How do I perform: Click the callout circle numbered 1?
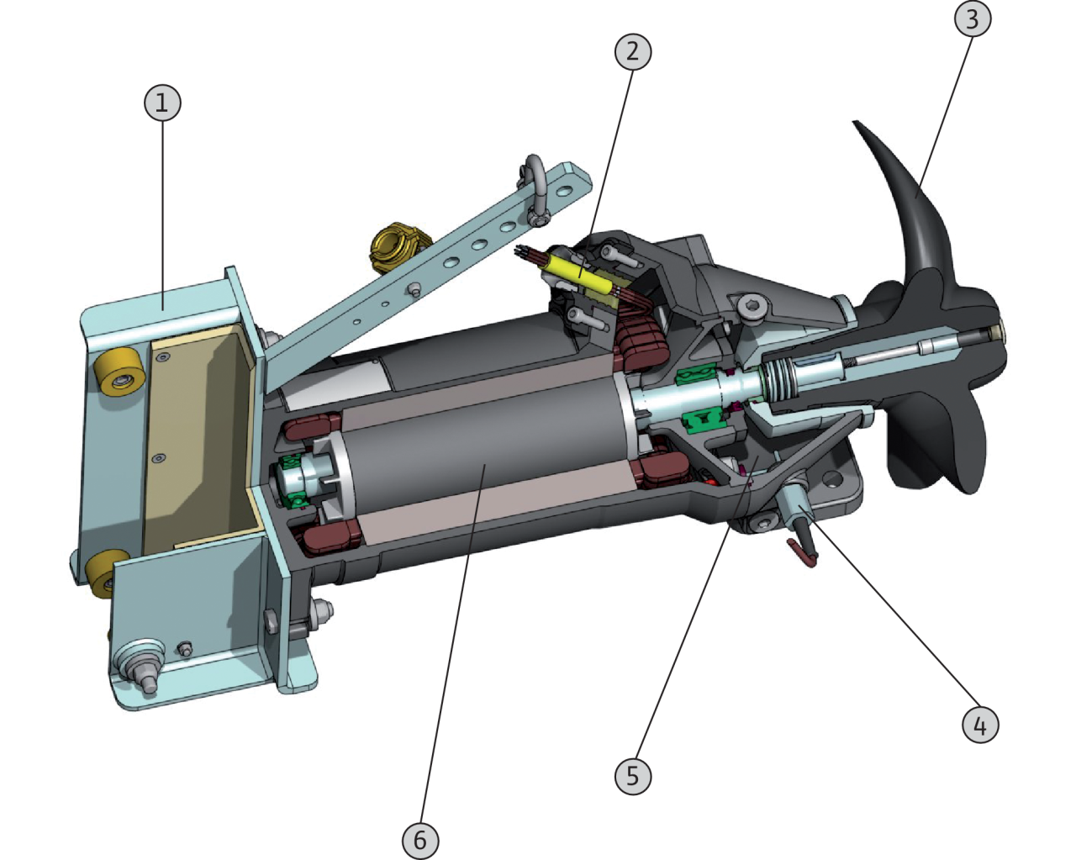162,103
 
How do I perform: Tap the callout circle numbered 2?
633,51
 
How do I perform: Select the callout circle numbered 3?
973,18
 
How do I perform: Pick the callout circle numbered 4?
980,725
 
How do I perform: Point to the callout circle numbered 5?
633,776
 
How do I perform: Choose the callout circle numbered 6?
420,840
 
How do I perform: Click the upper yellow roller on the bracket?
119,374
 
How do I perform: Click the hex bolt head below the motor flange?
321,614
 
